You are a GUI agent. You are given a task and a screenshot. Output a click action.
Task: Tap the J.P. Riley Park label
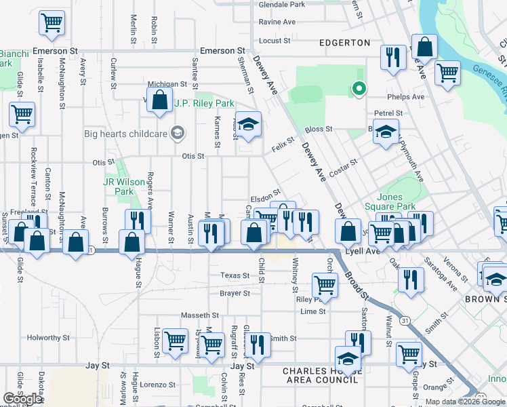click(x=204, y=104)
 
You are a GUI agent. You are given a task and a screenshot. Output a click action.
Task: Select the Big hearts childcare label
click(x=125, y=134)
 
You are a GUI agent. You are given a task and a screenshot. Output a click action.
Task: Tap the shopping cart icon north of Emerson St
click(x=52, y=22)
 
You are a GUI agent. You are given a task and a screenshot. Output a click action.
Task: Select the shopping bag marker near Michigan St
click(x=159, y=101)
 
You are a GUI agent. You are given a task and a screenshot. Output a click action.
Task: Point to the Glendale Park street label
click(x=282, y=4)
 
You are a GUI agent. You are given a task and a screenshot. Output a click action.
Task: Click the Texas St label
click(x=235, y=275)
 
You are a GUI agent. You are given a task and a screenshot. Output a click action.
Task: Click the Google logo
click(x=22, y=399)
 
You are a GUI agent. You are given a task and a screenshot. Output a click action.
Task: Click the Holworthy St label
click(x=48, y=337)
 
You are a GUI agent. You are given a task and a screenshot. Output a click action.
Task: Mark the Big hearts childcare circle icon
click(x=178, y=132)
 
